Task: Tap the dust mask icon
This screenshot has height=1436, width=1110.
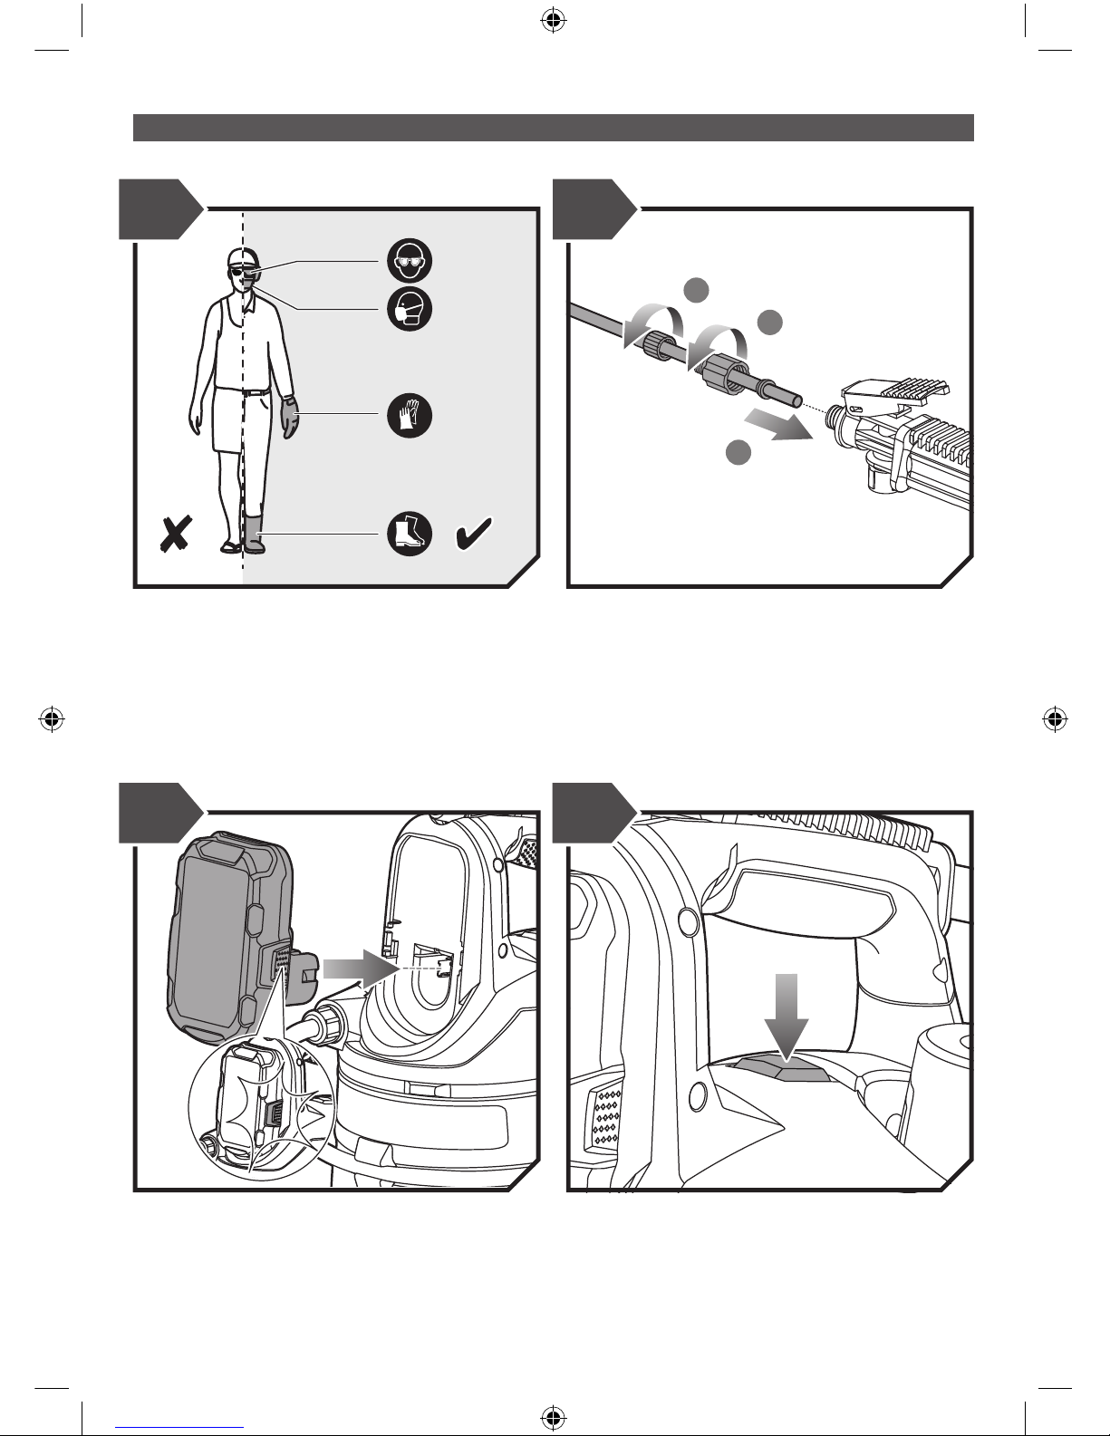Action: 409,310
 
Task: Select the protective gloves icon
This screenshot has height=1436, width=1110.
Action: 409,416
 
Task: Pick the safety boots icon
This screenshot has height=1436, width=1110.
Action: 409,533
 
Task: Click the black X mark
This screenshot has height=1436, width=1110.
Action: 175,535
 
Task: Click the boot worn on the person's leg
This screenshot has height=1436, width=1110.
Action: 253,535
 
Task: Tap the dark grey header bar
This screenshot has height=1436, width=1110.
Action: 553,128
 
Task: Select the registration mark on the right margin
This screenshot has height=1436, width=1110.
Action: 1052,719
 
